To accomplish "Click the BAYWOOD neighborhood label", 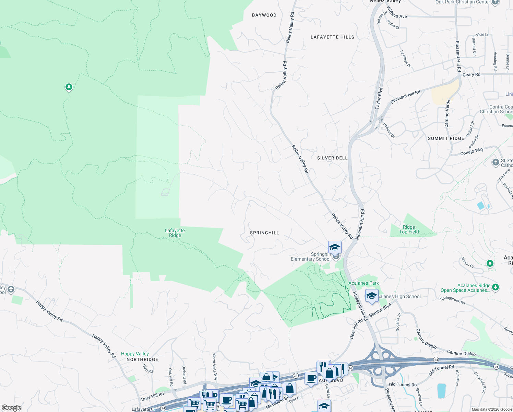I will pyautogui.click(x=264, y=15).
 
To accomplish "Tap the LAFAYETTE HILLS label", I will pyautogui.click(x=332, y=37).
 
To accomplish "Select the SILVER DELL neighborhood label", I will pyautogui.click(x=332, y=158).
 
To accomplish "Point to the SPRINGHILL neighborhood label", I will pyautogui.click(x=264, y=233).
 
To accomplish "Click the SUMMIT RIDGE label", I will pyautogui.click(x=446, y=138).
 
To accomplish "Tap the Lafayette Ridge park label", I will pyautogui.click(x=175, y=233).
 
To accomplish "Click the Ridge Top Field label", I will pyautogui.click(x=409, y=229).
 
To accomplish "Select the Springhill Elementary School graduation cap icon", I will pyautogui.click(x=335, y=247).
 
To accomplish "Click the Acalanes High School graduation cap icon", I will pyautogui.click(x=372, y=296).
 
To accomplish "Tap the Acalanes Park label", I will pyautogui.click(x=363, y=283).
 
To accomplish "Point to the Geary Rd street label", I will pyautogui.click(x=471, y=75).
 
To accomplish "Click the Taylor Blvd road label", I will pyautogui.click(x=379, y=98).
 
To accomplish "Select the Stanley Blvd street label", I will pyautogui.click(x=380, y=310).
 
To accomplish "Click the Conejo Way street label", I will pyautogui.click(x=472, y=151).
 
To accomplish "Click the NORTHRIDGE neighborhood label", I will pyautogui.click(x=142, y=359).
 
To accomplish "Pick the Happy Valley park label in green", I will pyautogui.click(x=135, y=354).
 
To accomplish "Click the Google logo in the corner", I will pyautogui.click(x=12, y=408).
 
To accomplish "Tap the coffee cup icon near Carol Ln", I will pyautogui.click(x=311, y=378).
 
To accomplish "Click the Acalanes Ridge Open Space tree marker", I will pyautogui.click(x=495, y=287).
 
